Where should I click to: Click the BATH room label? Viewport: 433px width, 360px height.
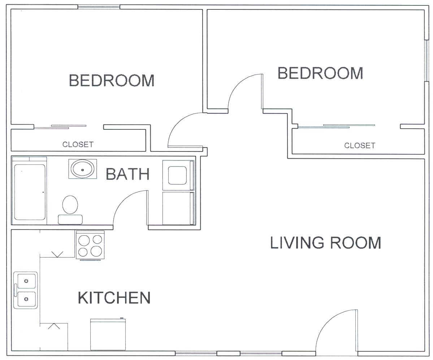127,174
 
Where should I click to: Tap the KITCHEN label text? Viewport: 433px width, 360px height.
114,297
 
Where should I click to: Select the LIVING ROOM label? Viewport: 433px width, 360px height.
326,243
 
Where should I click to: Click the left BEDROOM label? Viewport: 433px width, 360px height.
112,80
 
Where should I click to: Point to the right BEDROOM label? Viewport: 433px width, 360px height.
320,73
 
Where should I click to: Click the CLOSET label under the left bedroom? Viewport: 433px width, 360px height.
78,144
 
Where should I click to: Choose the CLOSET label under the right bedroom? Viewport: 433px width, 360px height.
360,145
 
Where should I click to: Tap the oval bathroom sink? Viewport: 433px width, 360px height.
83,169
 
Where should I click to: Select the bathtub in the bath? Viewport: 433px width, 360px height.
30,191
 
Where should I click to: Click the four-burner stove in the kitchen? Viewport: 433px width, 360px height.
90,245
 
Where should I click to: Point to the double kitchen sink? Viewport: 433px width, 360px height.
26,290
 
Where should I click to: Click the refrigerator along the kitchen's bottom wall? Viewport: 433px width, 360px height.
108,334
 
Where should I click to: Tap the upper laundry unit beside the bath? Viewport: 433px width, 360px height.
178,175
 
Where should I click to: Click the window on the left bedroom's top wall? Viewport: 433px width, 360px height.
99,7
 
